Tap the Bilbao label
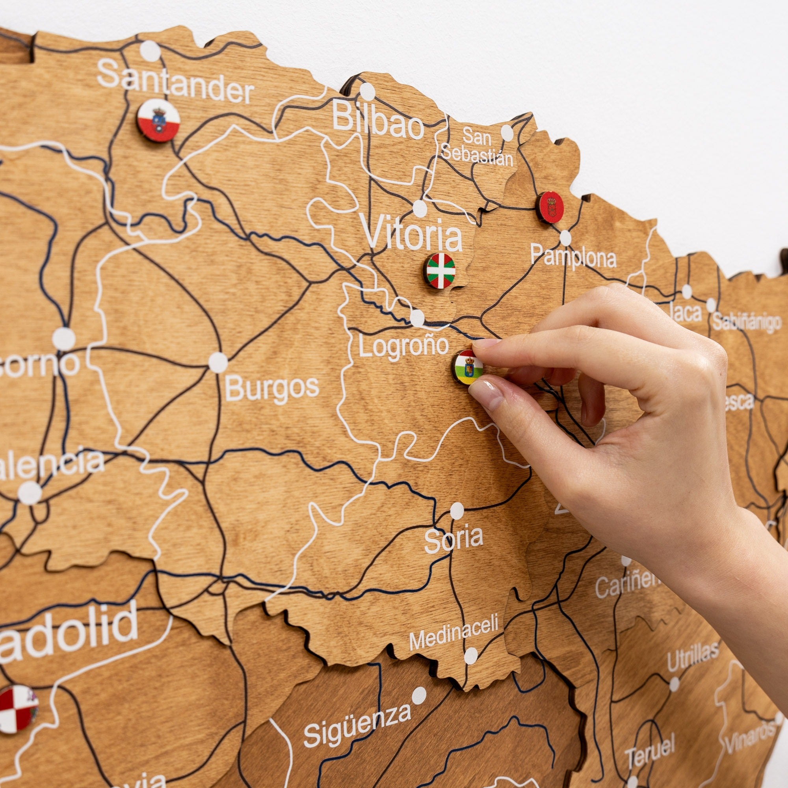click(x=378, y=119)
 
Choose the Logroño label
click(x=403, y=346)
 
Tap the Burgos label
click(x=271, y=387)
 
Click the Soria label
click(x=453, y=538)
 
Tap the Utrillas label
click(x=693, y=656)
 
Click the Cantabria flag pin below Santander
click(x=159, y=120)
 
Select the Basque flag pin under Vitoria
click(x=440, y=270)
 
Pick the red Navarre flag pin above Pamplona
click(x=550, y=207)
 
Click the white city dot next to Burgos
click(x=218, y=362)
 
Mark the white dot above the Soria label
click(x=457, y=511)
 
